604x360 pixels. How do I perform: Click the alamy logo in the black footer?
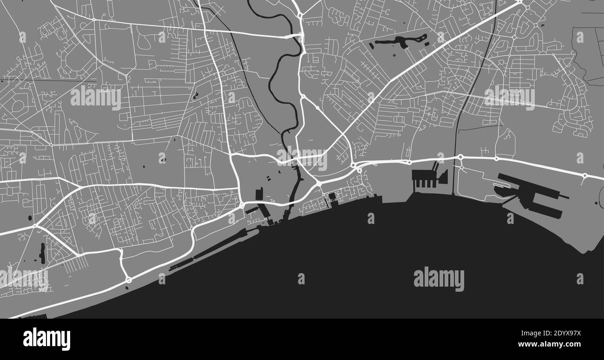tap(46, 339)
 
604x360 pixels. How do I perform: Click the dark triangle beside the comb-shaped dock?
tap(443, 177)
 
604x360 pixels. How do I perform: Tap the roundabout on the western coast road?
tap(129, 280)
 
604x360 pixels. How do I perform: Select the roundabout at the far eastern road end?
tap(584, 176)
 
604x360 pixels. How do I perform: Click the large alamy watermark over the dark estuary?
tap(439, 279)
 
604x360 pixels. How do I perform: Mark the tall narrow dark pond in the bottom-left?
tap(43, 253)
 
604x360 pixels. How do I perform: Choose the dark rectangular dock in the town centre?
tap(259, 194)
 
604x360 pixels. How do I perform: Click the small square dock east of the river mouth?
tap(332, 196)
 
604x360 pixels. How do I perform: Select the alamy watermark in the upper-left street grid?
tap(96, 98)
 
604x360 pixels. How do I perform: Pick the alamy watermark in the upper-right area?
tap(509, 98)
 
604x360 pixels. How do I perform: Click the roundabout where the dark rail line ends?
tap(460, 157)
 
